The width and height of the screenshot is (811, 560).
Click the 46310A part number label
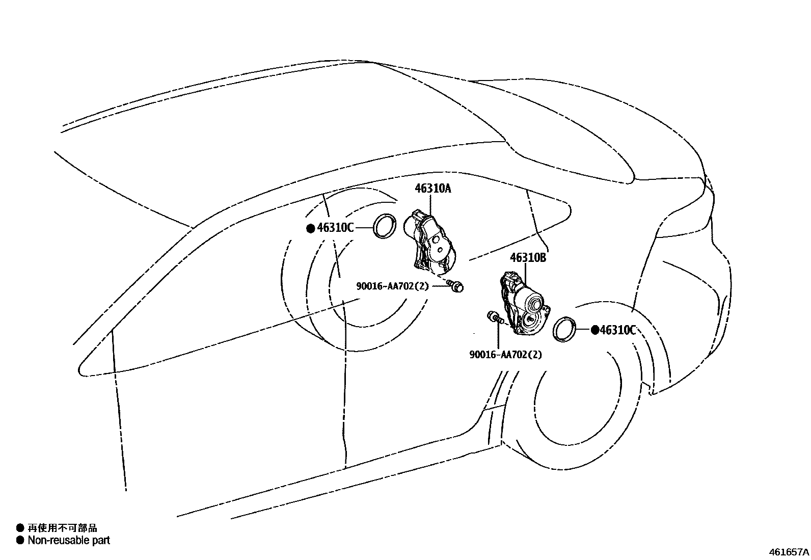(433, 189)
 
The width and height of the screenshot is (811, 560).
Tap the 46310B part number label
(528, 257)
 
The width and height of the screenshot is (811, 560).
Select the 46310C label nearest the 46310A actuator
(335, 228)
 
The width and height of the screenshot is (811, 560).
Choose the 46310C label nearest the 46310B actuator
(618, 330)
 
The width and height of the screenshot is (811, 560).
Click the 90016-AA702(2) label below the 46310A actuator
(392, 286)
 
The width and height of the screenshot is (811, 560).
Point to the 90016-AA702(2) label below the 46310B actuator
(506, 354)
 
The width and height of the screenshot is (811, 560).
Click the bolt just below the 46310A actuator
(455, 286)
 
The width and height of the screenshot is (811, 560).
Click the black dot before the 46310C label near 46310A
(311, 229)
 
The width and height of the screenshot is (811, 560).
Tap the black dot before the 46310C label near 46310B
(595, 330)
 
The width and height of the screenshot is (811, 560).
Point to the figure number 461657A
(789, 552)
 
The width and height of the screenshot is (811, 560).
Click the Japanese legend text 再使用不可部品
(62, 528)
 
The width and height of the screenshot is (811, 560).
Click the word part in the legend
(101, 541)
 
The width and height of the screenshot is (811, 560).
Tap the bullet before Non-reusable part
(20, 541)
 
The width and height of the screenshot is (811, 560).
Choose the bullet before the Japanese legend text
(20, 528)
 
